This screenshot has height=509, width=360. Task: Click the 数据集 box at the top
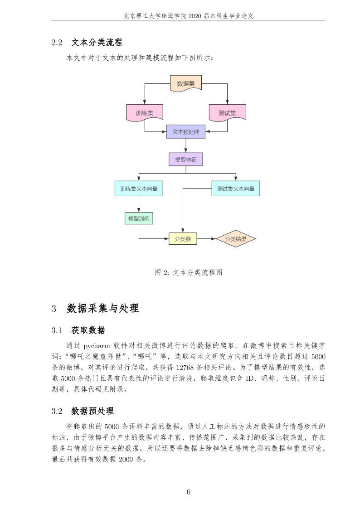point(186,83)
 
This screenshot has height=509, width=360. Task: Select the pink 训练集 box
point(145,113)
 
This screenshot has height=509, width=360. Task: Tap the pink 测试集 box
point(227,113)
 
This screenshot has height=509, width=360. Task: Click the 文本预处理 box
point(186,132)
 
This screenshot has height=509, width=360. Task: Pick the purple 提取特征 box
point(186,160)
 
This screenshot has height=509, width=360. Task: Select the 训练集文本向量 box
point(139,189)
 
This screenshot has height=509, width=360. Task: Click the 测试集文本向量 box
point(236,189)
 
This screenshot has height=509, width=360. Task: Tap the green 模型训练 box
point(139,218)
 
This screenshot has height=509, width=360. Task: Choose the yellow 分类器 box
point(183,239)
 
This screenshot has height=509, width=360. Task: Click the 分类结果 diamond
point(236,239)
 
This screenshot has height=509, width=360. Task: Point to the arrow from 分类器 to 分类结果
point(206,239)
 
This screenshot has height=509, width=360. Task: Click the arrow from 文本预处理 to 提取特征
point(186,145)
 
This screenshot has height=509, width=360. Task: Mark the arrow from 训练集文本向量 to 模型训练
point(139,204)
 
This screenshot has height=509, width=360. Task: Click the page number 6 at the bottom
point(188,492)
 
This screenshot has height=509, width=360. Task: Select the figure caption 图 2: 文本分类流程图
point(189,272)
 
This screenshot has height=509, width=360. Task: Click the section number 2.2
point(57,43)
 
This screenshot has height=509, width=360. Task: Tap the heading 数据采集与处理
point(103,308)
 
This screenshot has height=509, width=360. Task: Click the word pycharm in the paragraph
point(97,346)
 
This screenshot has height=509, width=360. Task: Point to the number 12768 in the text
point(185,368)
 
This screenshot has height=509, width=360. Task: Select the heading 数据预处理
point(92,411)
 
